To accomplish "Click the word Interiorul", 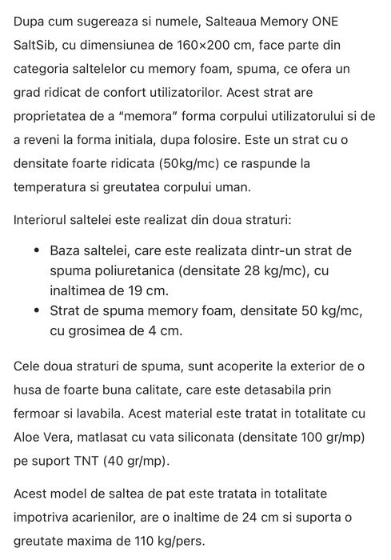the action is point(46,220).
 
